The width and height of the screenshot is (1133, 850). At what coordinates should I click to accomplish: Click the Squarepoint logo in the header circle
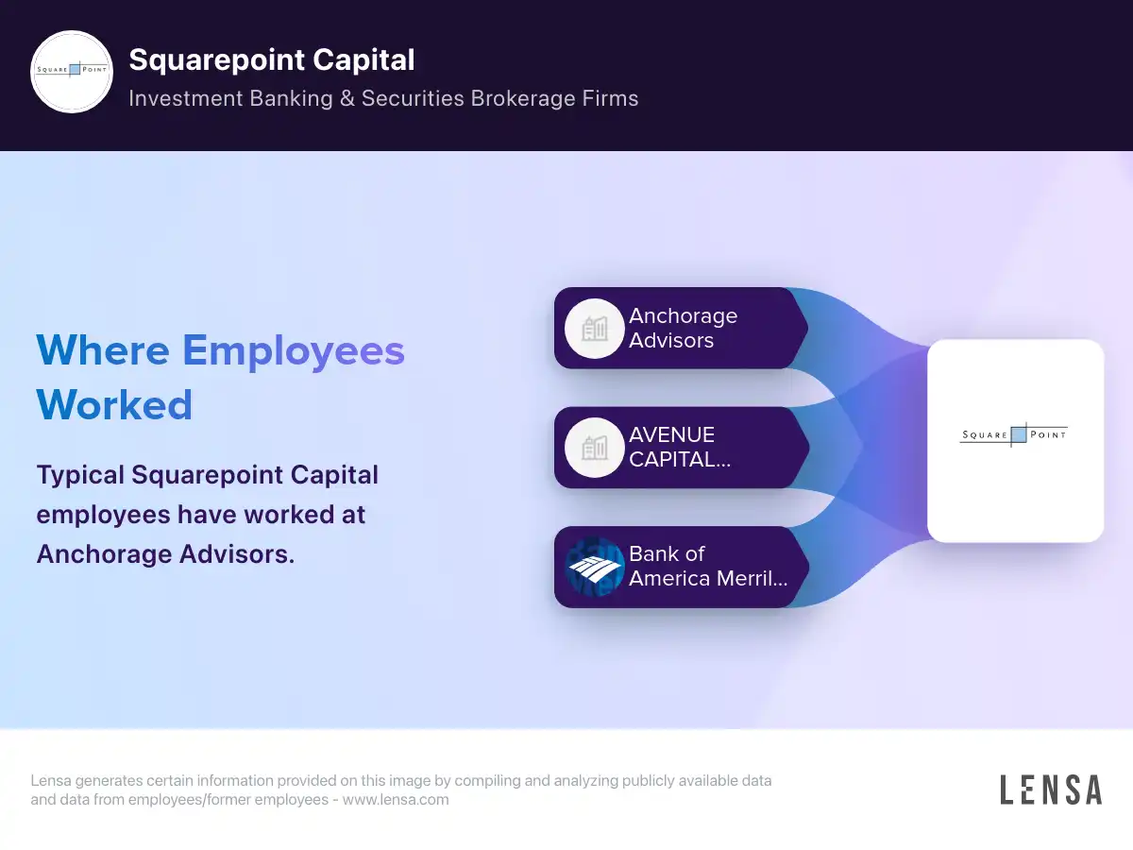coord(72,72)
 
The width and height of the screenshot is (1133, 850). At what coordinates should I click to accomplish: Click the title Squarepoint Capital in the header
coord(272,60)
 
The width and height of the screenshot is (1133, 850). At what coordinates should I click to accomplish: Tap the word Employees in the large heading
coord(294,350)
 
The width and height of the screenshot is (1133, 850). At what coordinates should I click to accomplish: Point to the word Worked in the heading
coord(114,405)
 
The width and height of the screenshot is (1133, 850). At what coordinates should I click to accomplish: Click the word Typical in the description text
coord(80,474)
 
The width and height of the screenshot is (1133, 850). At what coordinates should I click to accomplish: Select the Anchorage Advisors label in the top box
coord(683,328)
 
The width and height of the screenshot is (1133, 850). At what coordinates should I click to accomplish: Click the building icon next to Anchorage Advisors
coord(595,329)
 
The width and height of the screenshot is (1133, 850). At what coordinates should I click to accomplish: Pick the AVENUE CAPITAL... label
coord(679,447)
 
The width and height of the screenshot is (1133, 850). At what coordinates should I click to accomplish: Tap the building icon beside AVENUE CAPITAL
coord(595,448)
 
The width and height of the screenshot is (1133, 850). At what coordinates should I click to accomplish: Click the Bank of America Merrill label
coord(707,566)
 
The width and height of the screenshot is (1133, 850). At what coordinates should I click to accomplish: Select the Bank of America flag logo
coord(595,567)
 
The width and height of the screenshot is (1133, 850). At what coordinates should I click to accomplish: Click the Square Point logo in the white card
coord(1014,434)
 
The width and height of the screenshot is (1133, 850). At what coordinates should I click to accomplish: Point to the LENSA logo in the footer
coord(1051,790)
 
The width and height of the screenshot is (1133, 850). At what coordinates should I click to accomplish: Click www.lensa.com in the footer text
coord(396,800)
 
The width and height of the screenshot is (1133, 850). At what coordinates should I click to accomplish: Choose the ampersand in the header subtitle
coord(346,98)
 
